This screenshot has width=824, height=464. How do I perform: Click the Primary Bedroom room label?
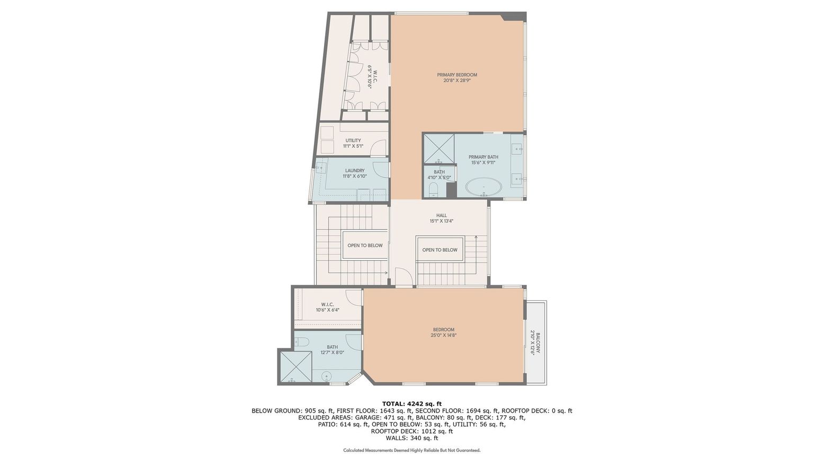[x=457, y=77]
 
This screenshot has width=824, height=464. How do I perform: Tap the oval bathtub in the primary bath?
[x=483, y=187]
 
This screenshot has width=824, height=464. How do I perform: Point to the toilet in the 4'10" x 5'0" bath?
[x=433, y=190]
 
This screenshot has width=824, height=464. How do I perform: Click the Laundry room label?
[x=354, y=173]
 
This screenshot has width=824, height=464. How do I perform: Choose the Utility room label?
[x=353, y=143]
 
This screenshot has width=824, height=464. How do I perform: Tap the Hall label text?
[x=441, y=218]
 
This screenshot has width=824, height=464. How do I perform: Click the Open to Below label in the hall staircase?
[x=440, y=250]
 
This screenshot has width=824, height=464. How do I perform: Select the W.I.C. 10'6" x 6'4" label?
[x=327, y=307]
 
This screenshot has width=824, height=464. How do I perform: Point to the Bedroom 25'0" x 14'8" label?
[x=443, y=332]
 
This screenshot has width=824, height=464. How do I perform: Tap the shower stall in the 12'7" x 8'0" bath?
[x=294, y=367]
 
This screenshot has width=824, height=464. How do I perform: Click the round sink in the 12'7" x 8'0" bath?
[x=327, y=377]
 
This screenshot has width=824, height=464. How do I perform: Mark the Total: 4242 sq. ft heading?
[x=411, y=404]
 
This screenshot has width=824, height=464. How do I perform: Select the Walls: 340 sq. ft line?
[x=411, y=438]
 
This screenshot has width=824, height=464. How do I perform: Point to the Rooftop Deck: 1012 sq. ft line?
[x=411, y=431]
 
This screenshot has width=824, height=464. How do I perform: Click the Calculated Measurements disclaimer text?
[x=411, y=450]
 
